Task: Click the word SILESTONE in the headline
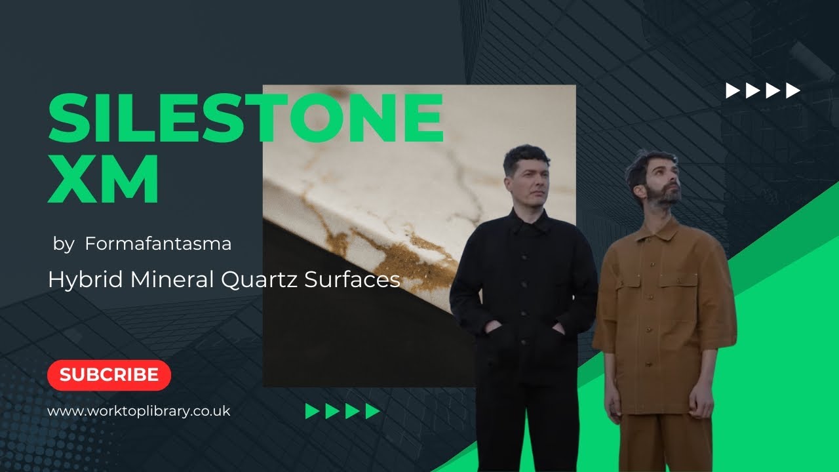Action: pyautogui.click(x=246, y=118)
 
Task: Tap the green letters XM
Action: pyautogui.click(x=104, y=179)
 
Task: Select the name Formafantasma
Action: pyautogui.click(x=158, y=245)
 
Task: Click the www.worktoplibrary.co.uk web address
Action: pyautogui.click(x=139, y=411)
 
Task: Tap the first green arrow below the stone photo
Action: pyautogui.click(x=312, y=411)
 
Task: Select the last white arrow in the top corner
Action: pyautogui.click(x=793, y=90)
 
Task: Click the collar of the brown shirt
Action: pyautogui.click(x=655, y=229)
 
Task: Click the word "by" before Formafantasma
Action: pyautogui.click(x=64, y=245)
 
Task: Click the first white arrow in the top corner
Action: pyautogui.click(x=732, y=90)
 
